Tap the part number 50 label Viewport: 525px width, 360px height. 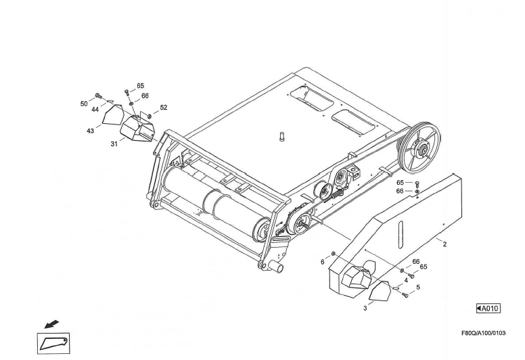(x=84, y=104)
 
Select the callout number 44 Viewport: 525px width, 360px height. (x=95, y=109)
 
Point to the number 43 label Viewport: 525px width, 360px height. (x=90, y=131)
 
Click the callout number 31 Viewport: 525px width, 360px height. (x=114, y=143)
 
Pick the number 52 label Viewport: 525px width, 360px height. (x=163, y=108)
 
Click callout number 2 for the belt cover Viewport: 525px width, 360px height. (x=444, y=244)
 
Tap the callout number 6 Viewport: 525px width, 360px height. (x=323, y=261)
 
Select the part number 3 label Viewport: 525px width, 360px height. (x=365, y=308)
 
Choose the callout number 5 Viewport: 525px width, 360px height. (x=417, y=287)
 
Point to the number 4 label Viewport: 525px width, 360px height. (x=406, y=279)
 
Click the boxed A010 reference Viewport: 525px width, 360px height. (x=488, y=309)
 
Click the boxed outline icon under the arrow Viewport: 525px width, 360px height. (x=53, y=344)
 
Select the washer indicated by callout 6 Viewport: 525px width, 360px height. (x=333, y=254)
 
